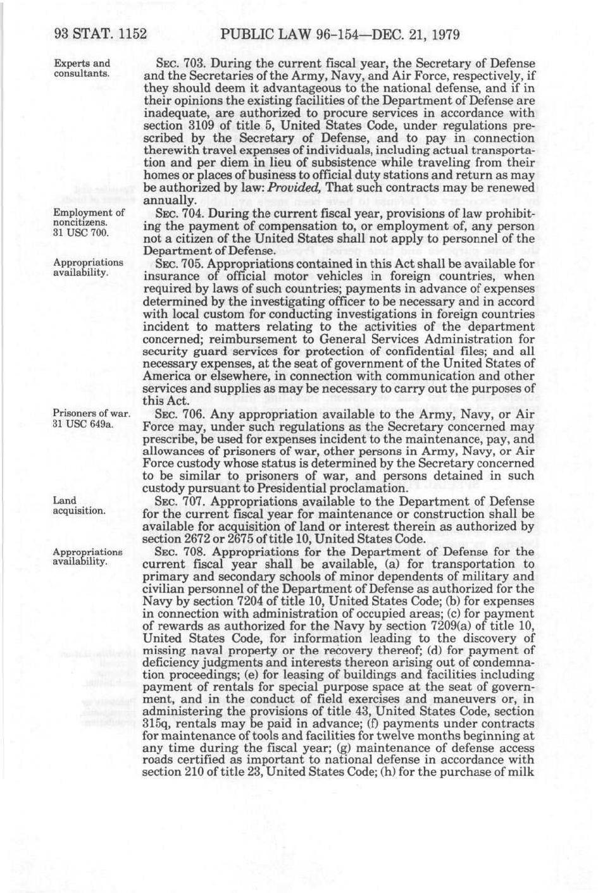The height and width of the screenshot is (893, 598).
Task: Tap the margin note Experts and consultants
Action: [x=82, y=68]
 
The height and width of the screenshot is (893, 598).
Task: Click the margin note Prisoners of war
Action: [x=91, y=414]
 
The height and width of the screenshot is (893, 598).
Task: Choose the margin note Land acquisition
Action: [x=79, y=505]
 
